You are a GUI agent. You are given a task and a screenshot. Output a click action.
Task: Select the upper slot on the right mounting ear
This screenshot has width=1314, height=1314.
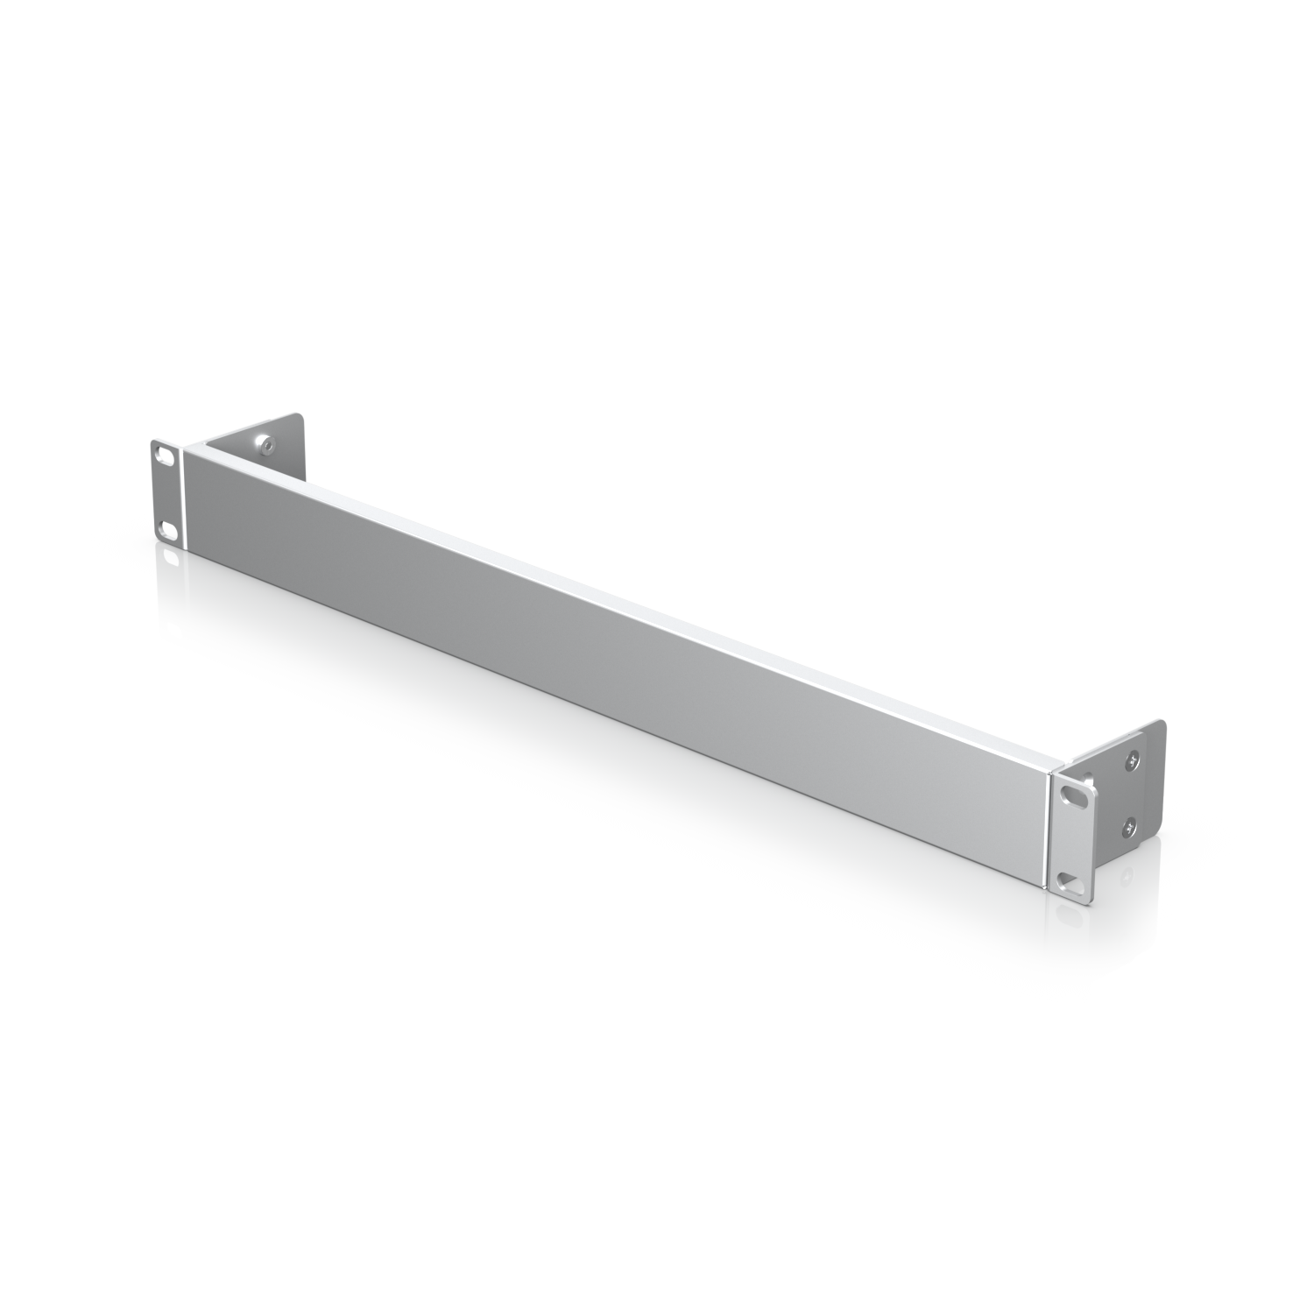click(1074, 794)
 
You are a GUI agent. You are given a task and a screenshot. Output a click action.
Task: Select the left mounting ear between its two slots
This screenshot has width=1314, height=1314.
click(165, 492)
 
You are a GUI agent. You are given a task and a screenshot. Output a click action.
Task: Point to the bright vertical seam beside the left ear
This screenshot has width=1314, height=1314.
click(184, 499)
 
